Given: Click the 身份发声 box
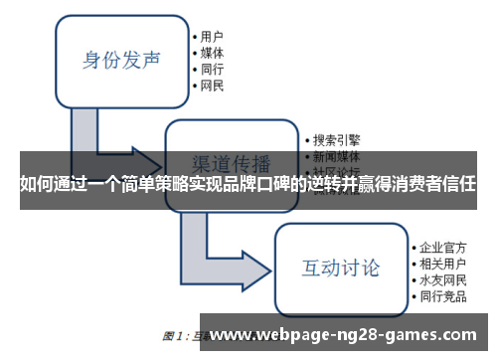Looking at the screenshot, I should tap(120, 59).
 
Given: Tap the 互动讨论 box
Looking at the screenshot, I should tap(341, 268).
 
